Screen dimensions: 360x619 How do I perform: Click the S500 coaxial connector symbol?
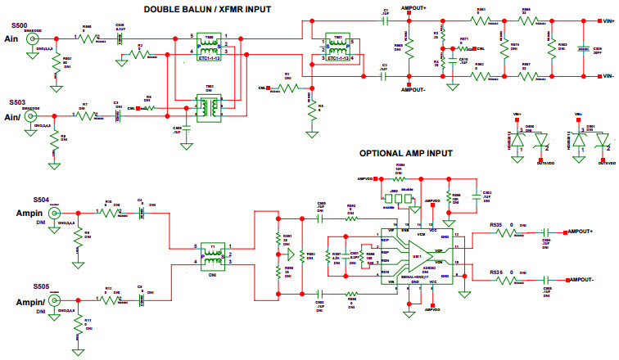click(x=34, y=39)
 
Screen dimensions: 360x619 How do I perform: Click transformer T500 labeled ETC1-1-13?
click(x=210, y=47)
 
